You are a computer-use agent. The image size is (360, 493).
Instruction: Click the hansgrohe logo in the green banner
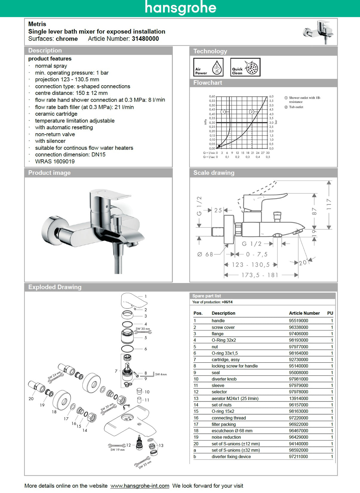(x=180, y=8)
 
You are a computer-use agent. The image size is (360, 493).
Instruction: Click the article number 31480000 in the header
(x=145, y=39)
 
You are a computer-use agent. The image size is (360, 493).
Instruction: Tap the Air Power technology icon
(x=208, y=67)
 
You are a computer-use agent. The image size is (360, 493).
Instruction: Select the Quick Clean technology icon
(x=245, y=67)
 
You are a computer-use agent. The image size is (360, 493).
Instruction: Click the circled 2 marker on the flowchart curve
(x=252, y=112)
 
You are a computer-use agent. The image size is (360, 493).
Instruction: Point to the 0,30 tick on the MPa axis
(x=212, y=123)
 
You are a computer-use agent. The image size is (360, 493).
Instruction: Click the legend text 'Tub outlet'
(x=296, y=107)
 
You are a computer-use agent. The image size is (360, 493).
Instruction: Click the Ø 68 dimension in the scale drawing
(x=205, y=254)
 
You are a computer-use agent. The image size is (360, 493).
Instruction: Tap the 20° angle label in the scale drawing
(x=303, y=262)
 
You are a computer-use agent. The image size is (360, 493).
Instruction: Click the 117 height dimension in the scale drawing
(x=329, y=204)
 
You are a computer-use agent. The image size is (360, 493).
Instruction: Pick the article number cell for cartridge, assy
(x=298, y=360)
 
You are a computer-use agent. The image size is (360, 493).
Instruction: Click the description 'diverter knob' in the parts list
(x=224, y=379)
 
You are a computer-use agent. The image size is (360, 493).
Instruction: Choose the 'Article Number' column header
(x=304, y=313)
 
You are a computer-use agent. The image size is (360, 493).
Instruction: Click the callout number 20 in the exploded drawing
(x=31, y=399)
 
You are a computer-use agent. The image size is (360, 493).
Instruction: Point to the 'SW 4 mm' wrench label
(x=161, y=374)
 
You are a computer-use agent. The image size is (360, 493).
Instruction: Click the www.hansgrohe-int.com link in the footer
(x=140, y=486)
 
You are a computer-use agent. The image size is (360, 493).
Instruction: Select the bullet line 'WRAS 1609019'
(x=55, y=162)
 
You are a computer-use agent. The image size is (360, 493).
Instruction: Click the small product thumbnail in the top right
(x=318, y=32)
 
